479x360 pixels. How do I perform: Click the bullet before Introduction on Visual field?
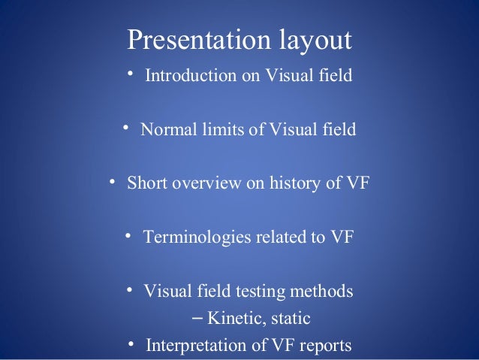(x=130, y=74)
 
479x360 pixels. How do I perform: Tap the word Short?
(x=147, y=183)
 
